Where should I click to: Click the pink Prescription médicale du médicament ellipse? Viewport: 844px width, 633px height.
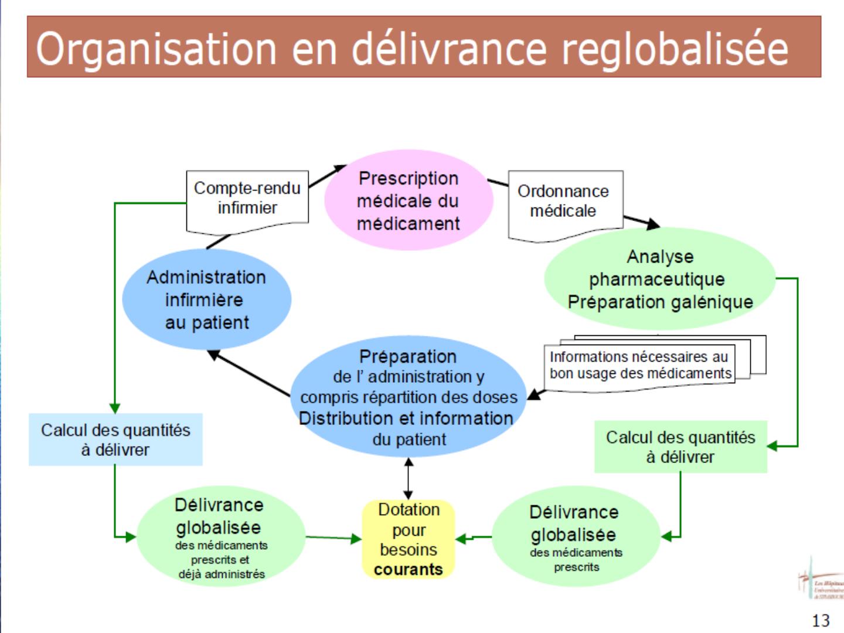pyautogui.click(x=409, y=200)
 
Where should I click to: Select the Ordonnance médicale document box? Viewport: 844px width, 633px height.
pyautogui.click(x=564, y=202)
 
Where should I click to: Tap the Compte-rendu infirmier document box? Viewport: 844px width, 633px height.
pyautogui.click(x=247, y=199)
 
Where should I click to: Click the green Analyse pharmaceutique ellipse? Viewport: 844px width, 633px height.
pyautogui.click(x=660, y=279)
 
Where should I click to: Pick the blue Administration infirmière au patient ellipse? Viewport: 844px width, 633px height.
pyautogui.click(x=206, y=300)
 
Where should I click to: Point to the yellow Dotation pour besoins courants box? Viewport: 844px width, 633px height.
pyautogui.click(x=409, y=539)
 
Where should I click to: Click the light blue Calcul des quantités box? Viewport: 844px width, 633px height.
pyautogui.click(x=115, y=440)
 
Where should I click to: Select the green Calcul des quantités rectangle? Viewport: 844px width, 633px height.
pyautogui.click(x=680, y=447)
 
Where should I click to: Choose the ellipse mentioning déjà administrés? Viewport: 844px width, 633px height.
pyautogui.click(x=220, y=537)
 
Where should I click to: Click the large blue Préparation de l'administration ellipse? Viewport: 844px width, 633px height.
pyautogui.click(x=408, y=397)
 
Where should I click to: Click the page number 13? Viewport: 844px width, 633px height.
pyautogui.click(x=821, y=620)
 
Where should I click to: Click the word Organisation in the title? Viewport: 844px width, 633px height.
pyautogui.click(x=156, y=49)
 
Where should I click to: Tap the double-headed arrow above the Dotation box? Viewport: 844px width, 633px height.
pyautogui.click(x=409, y=478)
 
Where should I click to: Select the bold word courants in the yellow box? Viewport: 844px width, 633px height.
pyautogui.click(x=409, y=570)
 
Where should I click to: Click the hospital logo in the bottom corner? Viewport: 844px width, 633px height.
pyautogui.click(x=821, y=580)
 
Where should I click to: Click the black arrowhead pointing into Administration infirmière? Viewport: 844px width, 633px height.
pyautogui.click(x=213, y=354)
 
